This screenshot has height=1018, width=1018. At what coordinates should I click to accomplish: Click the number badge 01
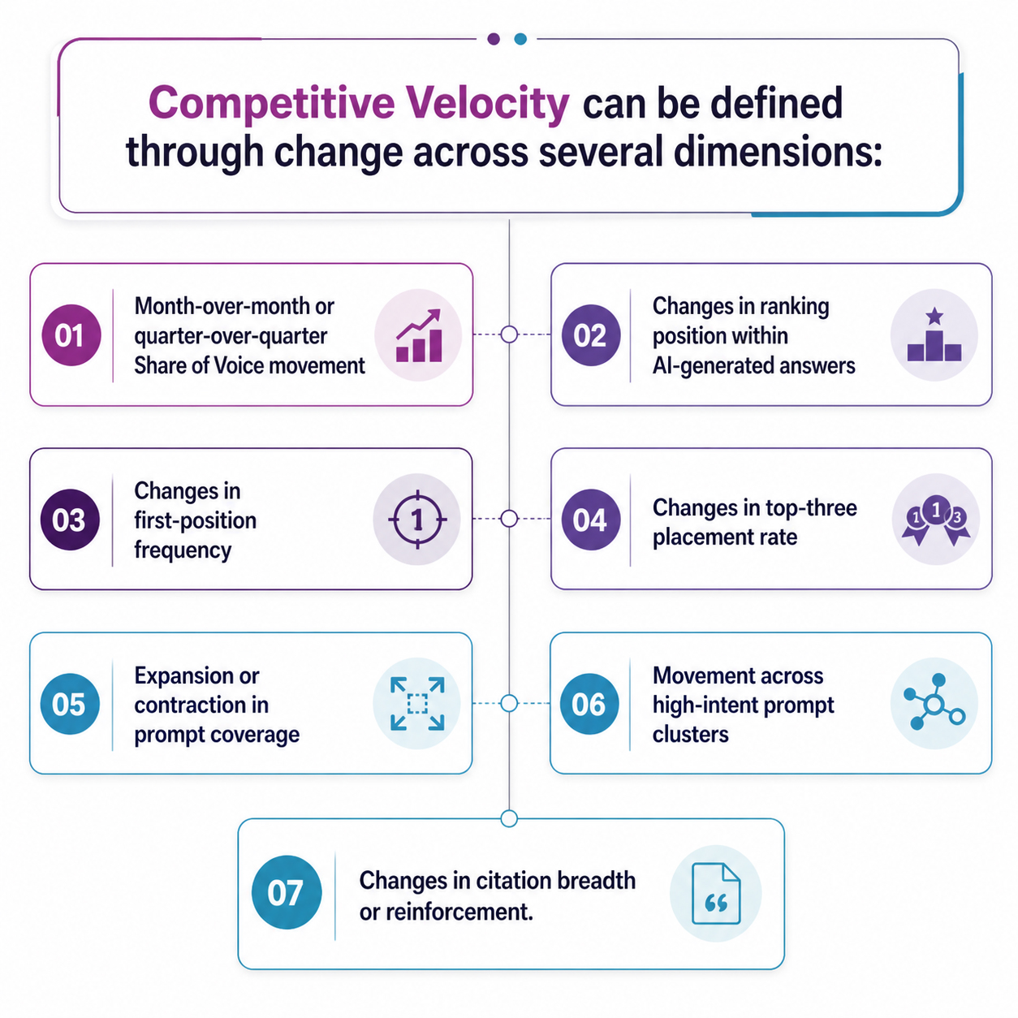coord(71,335)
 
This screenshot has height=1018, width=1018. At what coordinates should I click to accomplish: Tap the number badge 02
coord(591,335)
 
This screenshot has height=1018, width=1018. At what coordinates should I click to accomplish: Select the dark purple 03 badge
coord(70,520)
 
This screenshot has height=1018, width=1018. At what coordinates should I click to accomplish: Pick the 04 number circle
coord(591,520)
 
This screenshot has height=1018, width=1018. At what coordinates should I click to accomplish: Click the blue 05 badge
coord(70,704)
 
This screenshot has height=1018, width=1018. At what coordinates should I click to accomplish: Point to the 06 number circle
coord(589,704)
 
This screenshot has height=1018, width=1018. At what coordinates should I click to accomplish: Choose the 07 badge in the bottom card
coord(287,892)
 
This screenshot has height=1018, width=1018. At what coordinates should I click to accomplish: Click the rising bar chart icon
coord(419,335)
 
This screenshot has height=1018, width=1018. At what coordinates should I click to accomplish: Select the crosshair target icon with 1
coord(417,520)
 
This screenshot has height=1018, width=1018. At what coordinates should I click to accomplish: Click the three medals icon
coord(935,520)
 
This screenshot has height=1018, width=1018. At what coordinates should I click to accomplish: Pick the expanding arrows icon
coord(417,704)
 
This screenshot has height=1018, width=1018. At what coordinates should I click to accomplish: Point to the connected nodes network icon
coord(934,702)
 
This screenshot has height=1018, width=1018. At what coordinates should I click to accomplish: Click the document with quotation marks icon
coord(716,894)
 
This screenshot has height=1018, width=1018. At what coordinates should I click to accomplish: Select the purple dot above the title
coord(494,39)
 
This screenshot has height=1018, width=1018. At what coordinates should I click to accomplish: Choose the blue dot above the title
coord(520,39)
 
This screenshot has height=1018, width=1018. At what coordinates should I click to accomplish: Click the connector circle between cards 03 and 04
coord(509,519)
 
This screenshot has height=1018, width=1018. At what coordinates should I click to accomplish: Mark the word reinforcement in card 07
coord(455,912)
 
